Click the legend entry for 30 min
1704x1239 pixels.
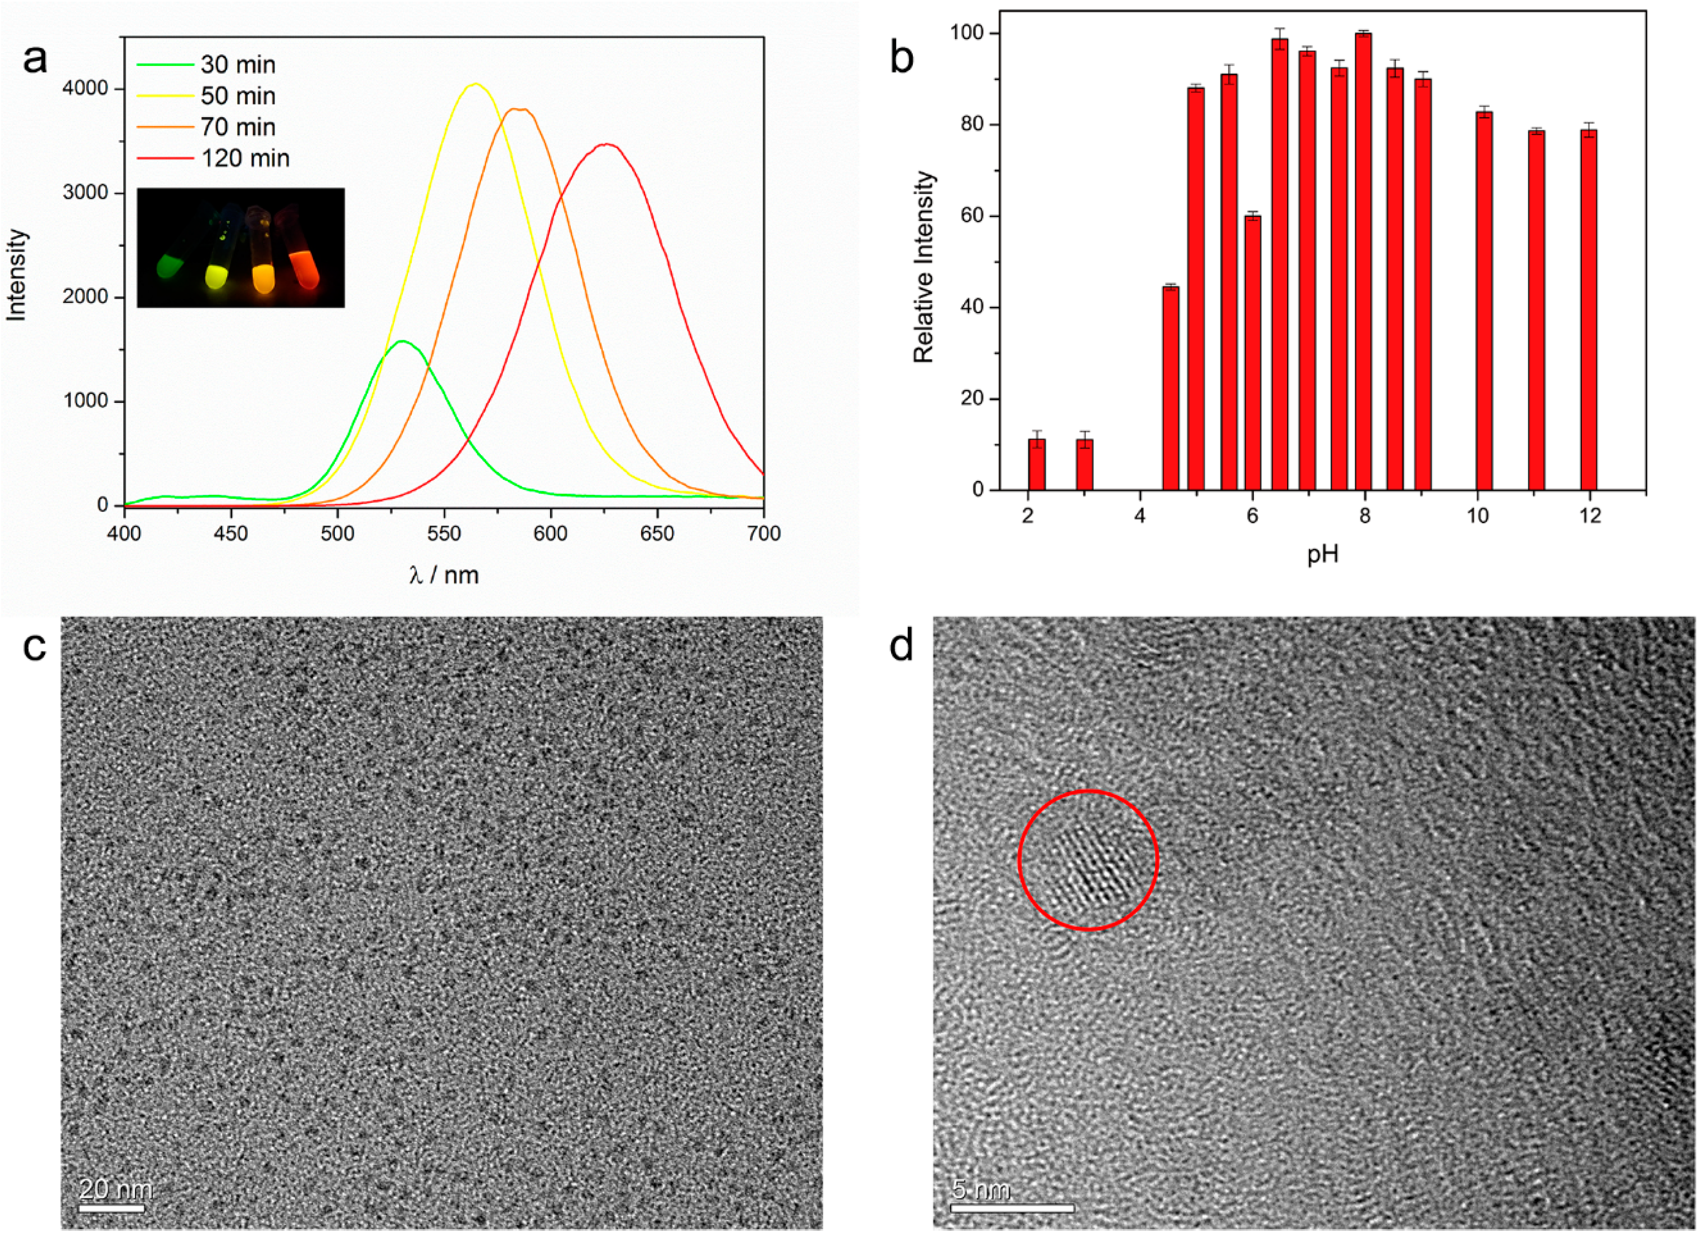coord(238,65)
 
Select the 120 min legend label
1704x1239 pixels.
coord(245,158)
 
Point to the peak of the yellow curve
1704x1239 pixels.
coord(475,84)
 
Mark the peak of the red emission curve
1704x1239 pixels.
coord(607,144)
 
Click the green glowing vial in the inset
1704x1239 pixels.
coord(171,264)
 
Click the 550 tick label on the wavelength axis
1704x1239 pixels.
coord(444,533)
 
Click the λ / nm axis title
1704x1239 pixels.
coord(444,576)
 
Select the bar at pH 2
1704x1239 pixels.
coord(1037,464)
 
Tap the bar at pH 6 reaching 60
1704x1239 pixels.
coord(1253,353)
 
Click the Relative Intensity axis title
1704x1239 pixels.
coord(923,267)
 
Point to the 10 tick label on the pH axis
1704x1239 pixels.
coord(1477,516)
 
